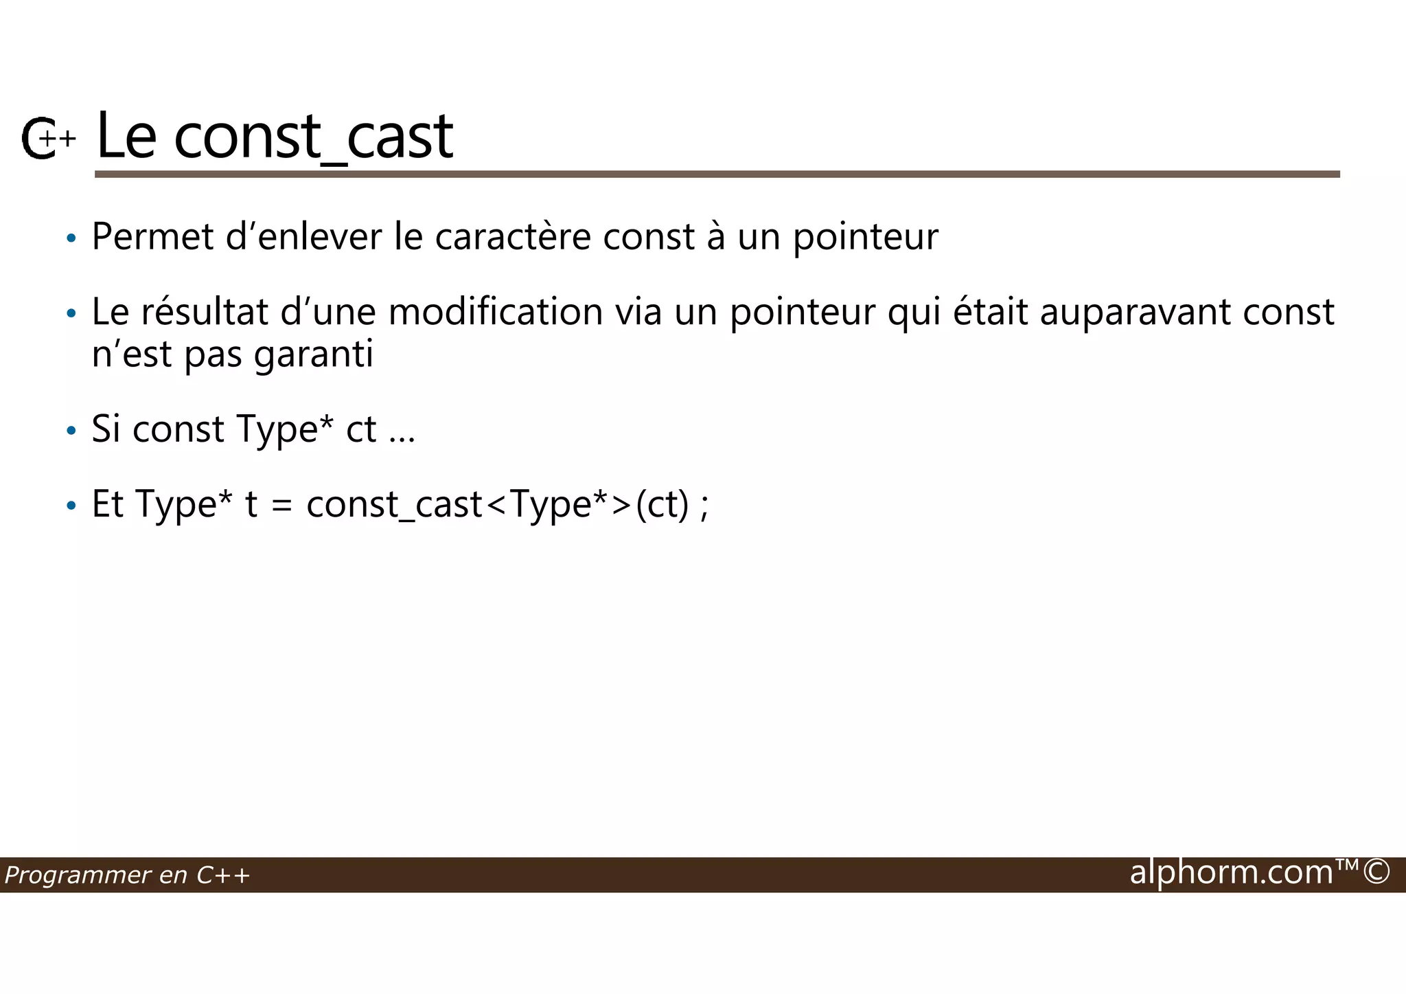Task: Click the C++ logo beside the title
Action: (x=47, y=139)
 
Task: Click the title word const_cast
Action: (x=313, y=136)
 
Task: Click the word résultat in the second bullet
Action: (x=205, y=312)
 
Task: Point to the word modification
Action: (x=496, y=312)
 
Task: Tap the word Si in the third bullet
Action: (x=106, y=429)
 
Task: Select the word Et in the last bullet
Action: (x=107, y=504)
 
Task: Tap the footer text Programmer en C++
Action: (x=127, y=875)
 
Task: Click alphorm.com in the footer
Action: (x=1232, y=872)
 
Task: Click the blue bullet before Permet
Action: (x=71, y=239)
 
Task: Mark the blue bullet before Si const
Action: (x=71, y=431)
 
